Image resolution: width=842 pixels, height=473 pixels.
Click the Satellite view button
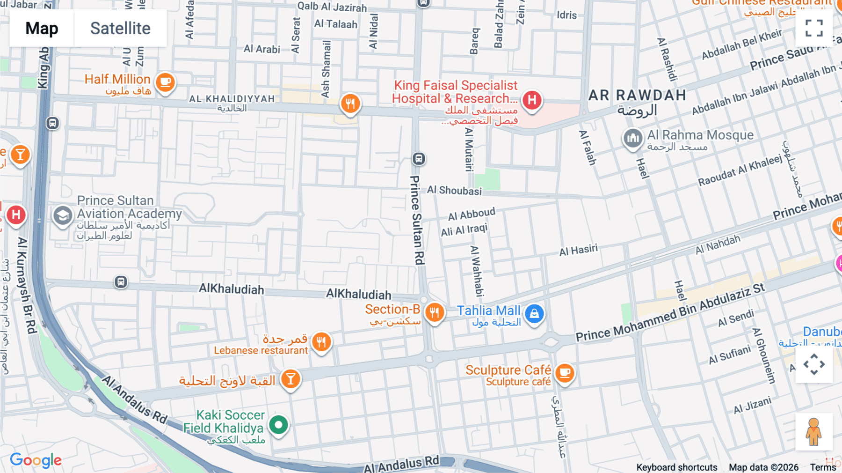(120, 29)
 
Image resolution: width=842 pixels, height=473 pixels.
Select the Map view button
(42, 29)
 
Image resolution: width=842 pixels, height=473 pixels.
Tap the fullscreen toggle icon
(814, 28)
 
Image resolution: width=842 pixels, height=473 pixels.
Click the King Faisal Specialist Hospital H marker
(532, 100)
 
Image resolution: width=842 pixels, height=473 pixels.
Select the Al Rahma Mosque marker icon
(632, 138)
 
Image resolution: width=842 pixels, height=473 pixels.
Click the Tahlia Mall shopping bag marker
(534, 314)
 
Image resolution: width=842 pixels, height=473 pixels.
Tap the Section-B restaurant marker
(435, 312)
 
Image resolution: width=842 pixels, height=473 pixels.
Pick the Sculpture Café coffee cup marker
(565, 373)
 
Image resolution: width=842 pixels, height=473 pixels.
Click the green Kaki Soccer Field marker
(279, 425)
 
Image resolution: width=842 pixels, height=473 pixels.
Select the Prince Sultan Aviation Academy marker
(63, 216)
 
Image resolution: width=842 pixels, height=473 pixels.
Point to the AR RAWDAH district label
(637, 96)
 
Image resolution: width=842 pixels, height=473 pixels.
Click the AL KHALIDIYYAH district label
(232, 99)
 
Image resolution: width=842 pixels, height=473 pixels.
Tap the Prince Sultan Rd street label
(417, 220)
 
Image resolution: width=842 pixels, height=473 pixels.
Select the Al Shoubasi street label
(454, 190)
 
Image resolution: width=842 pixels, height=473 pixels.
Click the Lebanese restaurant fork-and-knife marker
(321, 342)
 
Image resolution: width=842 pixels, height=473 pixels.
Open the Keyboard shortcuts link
(676, 467)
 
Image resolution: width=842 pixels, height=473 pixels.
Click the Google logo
(36, 460)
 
